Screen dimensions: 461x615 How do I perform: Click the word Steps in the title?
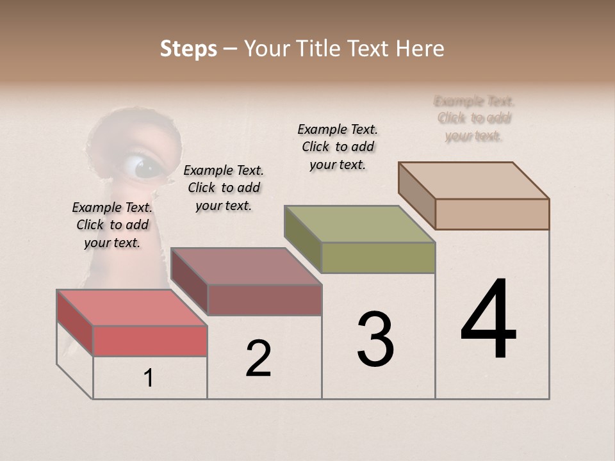click(188, 49)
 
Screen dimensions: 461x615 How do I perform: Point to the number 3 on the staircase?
click(375, 339)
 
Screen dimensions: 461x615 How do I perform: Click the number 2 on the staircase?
click(258, 358)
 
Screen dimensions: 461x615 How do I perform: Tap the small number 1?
click(149, 378)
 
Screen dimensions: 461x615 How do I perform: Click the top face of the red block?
click(131, 307)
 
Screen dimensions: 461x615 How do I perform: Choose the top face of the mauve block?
click(246, 266)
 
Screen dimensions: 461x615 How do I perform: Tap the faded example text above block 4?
click(474, 118)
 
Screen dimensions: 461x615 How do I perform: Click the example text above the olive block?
click(338, 147)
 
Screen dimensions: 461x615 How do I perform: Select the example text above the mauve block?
click(224, 188)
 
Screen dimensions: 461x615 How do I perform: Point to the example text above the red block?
click(112, 225)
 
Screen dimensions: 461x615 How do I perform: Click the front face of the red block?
click(150, 341)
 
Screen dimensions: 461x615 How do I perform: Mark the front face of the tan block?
click(492, 214)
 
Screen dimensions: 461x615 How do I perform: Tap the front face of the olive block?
click(378, 257)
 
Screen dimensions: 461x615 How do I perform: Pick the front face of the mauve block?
click(265, 300)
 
